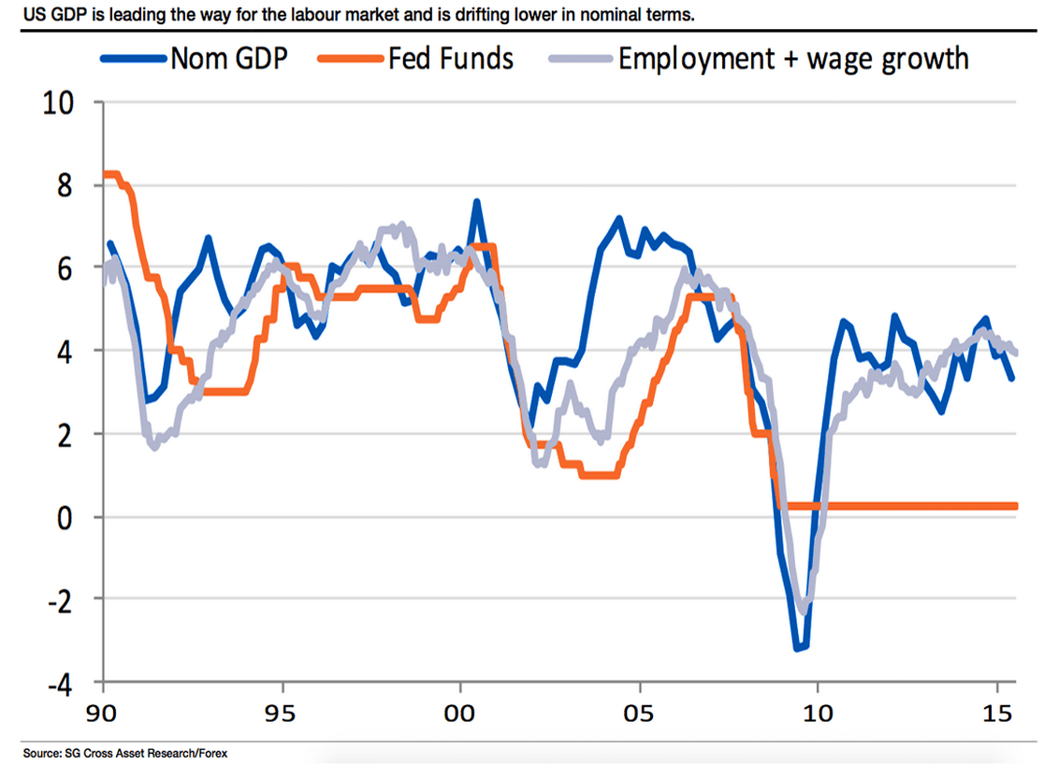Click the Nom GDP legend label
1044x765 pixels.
tap(228, 59)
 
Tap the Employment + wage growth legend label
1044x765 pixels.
tap(793, 59)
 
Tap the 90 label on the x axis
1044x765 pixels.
tap(104, 714)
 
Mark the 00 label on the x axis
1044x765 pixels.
tap(460, 714)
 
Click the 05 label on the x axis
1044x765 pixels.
tap(639, 714)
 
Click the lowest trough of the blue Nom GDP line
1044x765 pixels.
tap(799, 647)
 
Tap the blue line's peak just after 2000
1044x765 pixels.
tap(477, 202)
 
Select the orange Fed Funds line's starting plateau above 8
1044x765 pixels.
tap(112, 174)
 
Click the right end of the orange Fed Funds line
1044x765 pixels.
tap(1016, 506)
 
